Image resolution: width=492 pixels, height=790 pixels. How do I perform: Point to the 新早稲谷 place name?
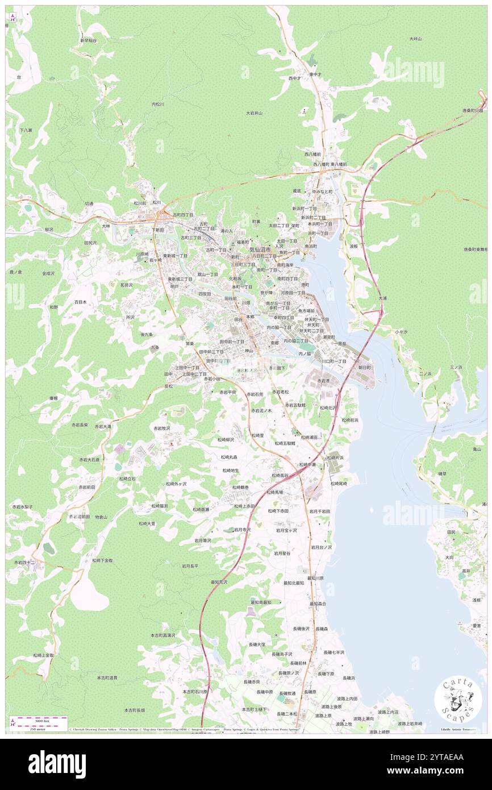click(89, 40)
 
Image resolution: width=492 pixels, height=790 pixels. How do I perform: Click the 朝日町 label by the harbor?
click(364, 368)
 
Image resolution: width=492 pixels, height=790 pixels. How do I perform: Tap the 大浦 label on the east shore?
click(382, 297)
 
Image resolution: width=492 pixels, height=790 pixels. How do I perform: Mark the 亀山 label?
click(476, 449)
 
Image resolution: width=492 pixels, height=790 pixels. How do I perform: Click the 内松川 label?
click(157, 104)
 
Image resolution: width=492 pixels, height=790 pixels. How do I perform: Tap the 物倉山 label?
click(101, 516)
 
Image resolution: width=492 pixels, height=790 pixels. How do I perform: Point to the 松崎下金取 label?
click(103, 560)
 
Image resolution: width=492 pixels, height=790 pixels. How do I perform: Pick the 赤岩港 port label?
click(323, 381)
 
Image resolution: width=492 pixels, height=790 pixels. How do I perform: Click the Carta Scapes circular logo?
click(454, 699)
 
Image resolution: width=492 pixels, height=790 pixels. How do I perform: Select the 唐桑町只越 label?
click(472, 110)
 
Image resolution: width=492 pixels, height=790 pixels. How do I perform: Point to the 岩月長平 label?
click(190, 566)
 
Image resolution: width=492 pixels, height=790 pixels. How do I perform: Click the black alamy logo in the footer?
click(57, 764)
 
